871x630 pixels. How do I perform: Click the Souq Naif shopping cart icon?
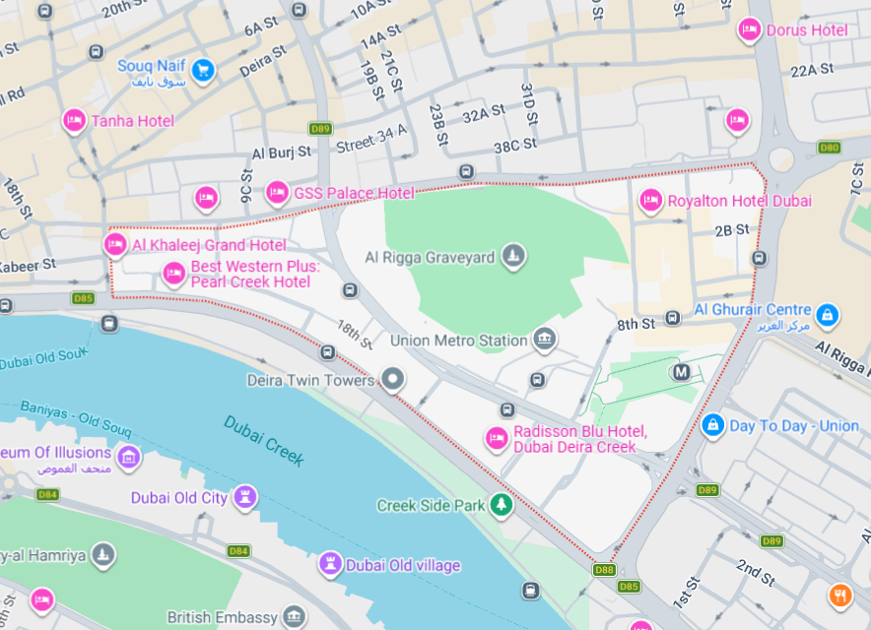click(x=204, y=70)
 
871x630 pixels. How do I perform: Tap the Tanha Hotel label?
click(x=132, y=121)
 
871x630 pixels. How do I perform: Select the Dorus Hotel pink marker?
click(x=750, y=31)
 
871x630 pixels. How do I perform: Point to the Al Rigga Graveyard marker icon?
click(x=511, y=258)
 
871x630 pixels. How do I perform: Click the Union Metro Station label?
click(x=458, y=341)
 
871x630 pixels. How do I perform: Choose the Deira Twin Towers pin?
click(x=392, y=379)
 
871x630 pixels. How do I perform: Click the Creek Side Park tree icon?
click(x=502, y=505)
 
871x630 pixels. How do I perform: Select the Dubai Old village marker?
click(x=331, y=565)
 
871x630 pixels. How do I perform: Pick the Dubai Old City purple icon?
click(x=246, y=497)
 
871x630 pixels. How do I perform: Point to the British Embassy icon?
click(x=294, y=617)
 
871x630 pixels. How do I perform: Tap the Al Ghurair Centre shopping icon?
click(x=828, y=315)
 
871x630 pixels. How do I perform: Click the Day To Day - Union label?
click(x=793, y=426)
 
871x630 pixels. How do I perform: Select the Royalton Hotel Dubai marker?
click(x=650, y=201)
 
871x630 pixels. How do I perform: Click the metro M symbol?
click(x=681, y=372)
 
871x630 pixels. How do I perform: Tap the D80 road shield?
click(x=829, y=148)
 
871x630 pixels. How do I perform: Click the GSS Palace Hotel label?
click(x=354, y=193)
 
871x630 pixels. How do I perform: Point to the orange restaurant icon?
click(x=839, y=595)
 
